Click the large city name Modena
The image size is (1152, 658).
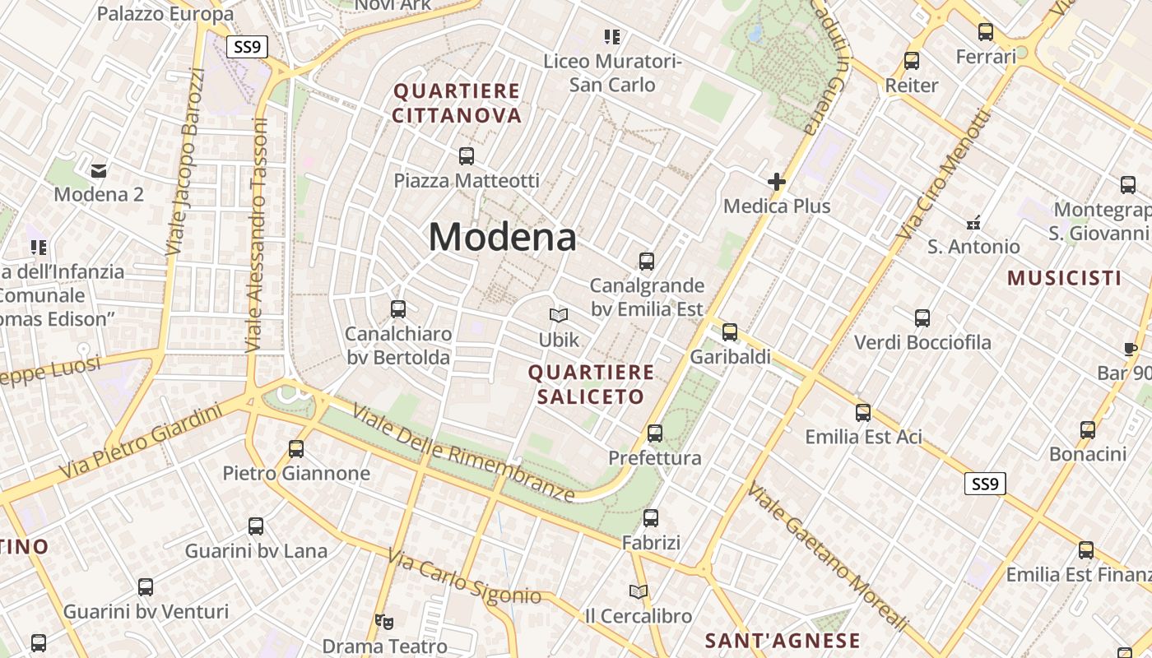502,238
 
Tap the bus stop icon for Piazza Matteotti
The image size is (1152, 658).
467,155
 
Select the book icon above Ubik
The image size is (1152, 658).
559,315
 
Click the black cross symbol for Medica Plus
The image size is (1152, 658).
776,181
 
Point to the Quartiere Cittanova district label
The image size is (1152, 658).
457,103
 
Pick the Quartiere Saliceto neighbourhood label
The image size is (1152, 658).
591,384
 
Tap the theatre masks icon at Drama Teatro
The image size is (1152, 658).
383,621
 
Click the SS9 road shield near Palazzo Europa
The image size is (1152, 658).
247,47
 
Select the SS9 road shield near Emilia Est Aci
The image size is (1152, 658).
984,484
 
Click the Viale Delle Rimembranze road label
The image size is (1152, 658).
463,452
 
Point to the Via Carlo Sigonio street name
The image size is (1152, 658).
465,578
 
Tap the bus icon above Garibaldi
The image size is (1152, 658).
730,332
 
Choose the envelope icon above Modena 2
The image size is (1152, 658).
99,170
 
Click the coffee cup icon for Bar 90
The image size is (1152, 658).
1130,349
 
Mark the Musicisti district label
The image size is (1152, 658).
1064,278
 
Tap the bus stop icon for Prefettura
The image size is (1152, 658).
655,433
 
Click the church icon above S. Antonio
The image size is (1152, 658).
973,222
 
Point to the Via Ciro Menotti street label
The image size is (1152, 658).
944,174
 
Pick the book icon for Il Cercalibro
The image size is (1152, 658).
638,591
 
